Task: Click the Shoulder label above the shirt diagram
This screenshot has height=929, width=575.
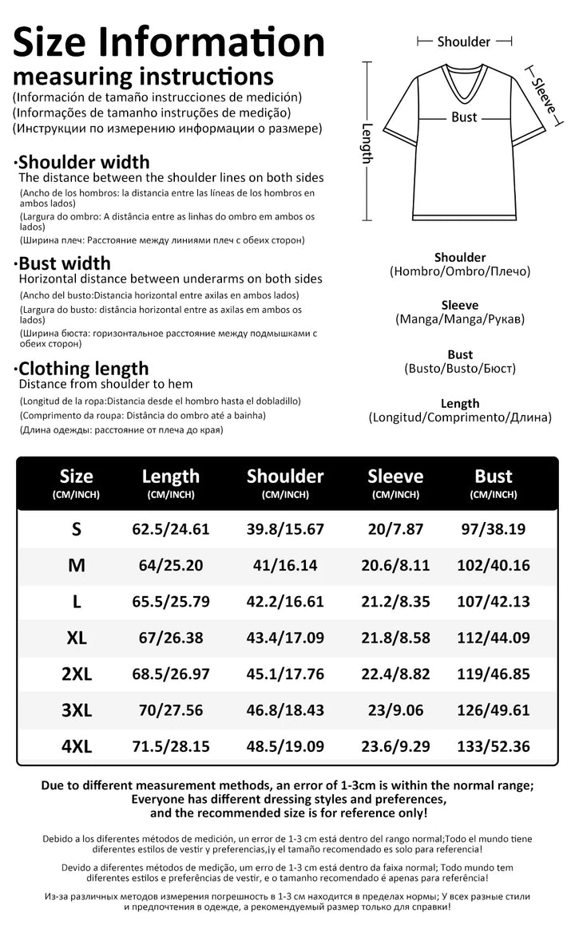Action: [464, 42]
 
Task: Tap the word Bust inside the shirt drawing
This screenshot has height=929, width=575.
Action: [464, 117]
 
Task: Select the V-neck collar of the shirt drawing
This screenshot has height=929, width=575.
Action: [464, 80]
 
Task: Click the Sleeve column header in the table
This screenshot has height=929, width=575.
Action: [395, 476]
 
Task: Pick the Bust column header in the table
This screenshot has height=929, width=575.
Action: [493, 476]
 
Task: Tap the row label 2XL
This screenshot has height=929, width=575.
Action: [77, 674]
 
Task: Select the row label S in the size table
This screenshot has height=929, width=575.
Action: [77, 528]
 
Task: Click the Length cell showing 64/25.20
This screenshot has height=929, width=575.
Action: [170, 565]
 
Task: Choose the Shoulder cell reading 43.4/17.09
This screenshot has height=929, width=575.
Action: [284, 638]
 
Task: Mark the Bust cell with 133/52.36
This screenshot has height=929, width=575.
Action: [493, 747]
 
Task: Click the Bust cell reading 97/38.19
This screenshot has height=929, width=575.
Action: [493, 528]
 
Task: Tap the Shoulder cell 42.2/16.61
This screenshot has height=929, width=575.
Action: [284, 602]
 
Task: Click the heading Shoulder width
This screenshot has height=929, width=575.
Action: [84, 163]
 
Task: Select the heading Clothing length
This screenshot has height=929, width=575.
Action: [83, 369]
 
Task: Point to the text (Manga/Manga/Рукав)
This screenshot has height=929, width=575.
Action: [460, 319]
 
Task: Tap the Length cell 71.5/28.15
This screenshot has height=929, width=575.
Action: [170, 747]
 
